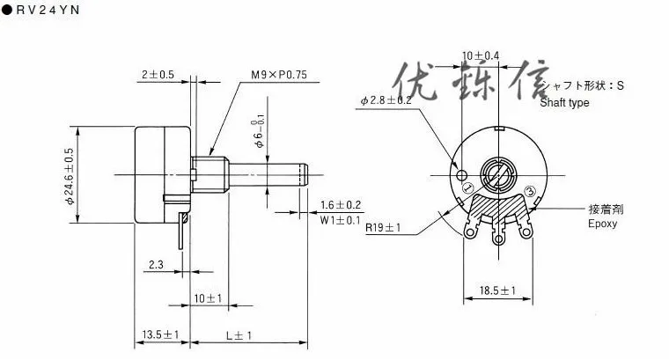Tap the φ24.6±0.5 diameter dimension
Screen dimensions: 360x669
coord(68,176)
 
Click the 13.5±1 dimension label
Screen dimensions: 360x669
coord(160,335)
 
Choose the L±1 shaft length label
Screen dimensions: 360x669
coord(239,335)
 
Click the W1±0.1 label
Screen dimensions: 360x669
coord(340,219)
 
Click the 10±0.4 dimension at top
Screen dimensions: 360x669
coord(481,55)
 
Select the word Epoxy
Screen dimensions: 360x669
coord(602,224)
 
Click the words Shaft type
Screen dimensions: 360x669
coord(565,103)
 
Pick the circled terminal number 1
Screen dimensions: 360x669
coord(467,187)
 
